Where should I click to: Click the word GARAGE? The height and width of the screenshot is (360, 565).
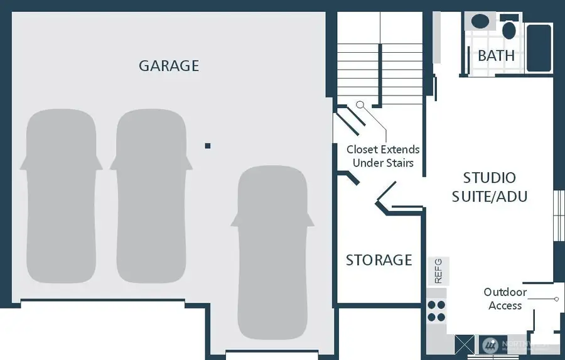click(x=169, y=65)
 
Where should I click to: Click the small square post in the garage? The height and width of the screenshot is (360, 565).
click(x=208, y=146)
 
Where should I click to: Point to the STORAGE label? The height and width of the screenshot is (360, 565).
click(x=379, y=259)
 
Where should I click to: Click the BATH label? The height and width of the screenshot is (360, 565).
click(x=496, y=55)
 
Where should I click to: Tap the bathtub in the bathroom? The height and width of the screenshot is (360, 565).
click(x=539, y=48)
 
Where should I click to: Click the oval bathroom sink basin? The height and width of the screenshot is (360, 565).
click(x=480, y=21)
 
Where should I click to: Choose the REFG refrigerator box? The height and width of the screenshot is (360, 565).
click(x=438, y=270)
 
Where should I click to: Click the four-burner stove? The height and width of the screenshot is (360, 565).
click(x=436, y=311)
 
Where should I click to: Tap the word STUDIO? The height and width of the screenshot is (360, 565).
click(x=490, y=178)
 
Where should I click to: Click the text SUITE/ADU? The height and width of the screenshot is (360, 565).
click(x=490, y=196)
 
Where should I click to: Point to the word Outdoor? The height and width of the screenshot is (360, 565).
click(x=505, y=292)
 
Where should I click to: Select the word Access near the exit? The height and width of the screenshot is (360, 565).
click(x=505, y=305)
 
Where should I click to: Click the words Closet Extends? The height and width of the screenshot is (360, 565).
click(x=383, y=150)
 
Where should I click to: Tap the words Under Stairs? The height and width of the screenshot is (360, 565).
click(x=383, y=163)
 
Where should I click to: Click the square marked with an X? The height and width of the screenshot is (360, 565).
click(x=465, y=345)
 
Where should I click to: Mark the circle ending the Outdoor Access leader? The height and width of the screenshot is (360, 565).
click(x=556, y=299)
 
